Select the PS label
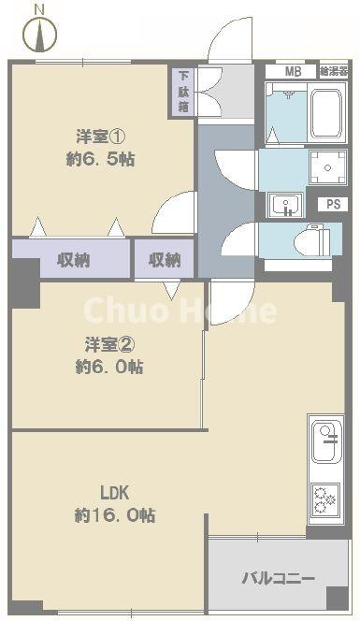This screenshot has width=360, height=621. tap(332, 205)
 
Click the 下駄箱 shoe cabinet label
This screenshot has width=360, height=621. tap(181, 92)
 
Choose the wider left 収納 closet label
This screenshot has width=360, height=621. tap(71, 260)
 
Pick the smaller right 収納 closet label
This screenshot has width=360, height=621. tap(164, 260)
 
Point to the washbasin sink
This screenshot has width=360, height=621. tap(282, 204)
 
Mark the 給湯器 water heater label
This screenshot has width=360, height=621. tap(333, 71)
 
